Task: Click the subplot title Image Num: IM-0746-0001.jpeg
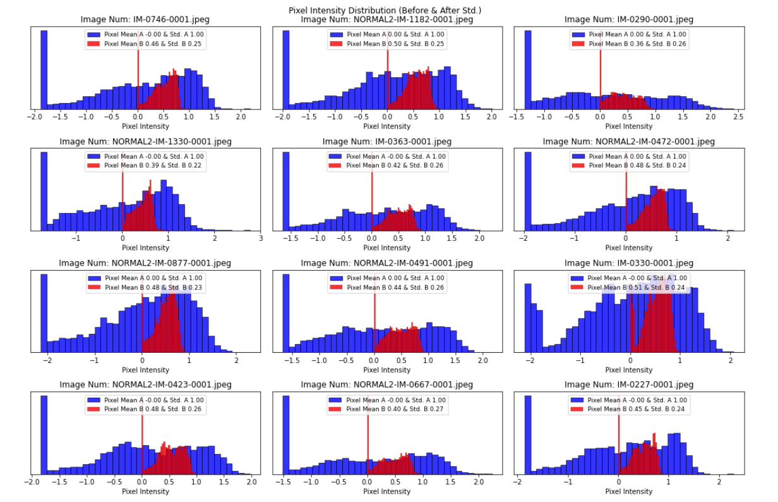(145, 20)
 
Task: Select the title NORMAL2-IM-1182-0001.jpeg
(386, 20)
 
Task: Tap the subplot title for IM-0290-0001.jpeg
(628, 20)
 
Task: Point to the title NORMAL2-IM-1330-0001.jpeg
(145, 142)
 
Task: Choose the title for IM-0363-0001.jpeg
(386, 142)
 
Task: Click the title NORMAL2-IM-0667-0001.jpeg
(386, 384)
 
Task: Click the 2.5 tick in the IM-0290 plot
(736, 117)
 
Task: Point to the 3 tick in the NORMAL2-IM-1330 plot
(260, 238)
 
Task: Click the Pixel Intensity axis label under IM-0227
(628, 491)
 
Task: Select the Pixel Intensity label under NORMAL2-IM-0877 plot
(145, 369)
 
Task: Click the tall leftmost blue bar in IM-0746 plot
(44, 70)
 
